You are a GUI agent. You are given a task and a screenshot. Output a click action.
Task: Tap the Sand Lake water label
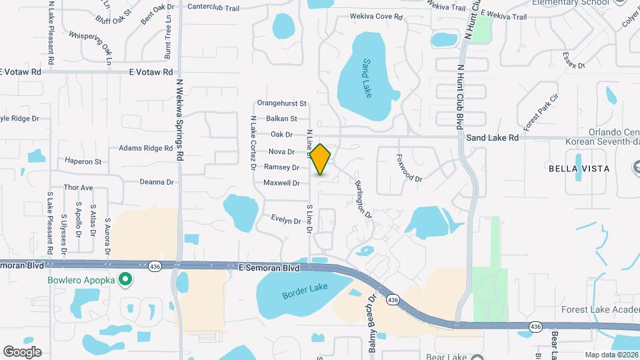pyautogui.click(x=366, y=79)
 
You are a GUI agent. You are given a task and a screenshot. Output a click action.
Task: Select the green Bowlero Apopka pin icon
pyautogui.click(x=124, y=280)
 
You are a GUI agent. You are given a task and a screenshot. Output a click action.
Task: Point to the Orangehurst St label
pyautogui.click(x=281, y=103)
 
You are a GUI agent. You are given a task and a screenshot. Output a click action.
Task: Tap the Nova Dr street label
pyautogui.click(x=281, y=152)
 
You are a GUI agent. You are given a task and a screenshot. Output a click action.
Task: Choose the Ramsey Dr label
pyautogui.click(x=281, y=167)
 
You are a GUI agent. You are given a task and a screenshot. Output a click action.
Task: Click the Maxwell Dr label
pyautogui.click(x=281, y=183)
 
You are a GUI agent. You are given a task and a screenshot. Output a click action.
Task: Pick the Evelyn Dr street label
pyautogui.click(x=286, y=220)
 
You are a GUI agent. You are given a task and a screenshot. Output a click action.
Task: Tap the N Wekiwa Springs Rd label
pyautogui.click(x=179, y=120)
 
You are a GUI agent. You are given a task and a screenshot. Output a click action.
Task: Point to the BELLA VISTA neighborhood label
pyautogui.click(x=579, y=169)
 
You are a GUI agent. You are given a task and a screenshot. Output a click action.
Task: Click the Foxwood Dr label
pyautogui.click(x=410, y=169)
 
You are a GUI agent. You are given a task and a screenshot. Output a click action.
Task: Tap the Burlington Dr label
pyautogui.click(x=363, y=198)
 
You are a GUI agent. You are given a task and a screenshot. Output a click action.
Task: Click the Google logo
pyautogui.click(x=22, y=351)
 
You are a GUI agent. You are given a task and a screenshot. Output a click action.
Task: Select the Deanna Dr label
pyautogui.click(x=157, y=181)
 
